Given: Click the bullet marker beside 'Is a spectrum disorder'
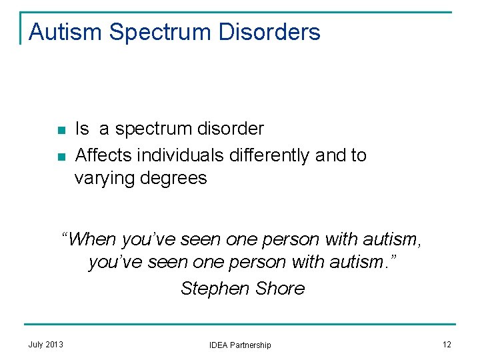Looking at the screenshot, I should [x=61, y=130].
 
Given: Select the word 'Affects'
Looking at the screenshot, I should [x=104, y=155].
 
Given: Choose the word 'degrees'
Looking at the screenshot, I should [x=175, y=179].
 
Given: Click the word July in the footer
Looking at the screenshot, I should [x=37, y=344].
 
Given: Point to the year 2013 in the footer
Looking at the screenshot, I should [x=55, y=344].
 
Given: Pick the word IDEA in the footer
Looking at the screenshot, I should [x=219, y=345].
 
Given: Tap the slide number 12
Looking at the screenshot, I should [x=446, y=344].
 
